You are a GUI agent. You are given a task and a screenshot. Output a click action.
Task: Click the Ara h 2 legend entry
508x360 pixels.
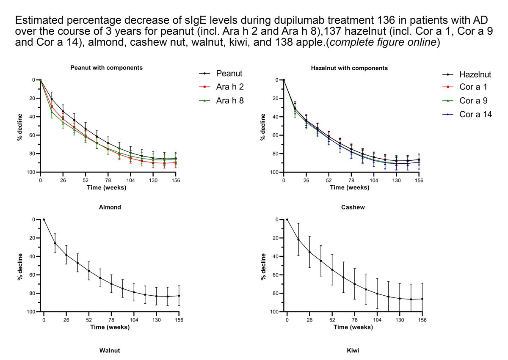point(221,87)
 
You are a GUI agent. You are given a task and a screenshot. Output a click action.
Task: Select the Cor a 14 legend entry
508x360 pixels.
point(467,114)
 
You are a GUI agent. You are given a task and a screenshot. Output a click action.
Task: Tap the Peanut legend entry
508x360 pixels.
point(221,74)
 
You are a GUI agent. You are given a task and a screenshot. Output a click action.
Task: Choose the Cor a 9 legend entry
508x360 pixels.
point(465,101)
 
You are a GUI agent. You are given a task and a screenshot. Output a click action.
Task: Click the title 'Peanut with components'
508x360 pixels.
point(106,68)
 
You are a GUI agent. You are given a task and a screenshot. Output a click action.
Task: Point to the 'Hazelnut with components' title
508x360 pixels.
point(349,68)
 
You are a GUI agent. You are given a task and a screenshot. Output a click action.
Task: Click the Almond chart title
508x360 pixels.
point(110,207)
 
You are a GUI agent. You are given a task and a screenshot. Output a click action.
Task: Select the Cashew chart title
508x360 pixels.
point(353,207)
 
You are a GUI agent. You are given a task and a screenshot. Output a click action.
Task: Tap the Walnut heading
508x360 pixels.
point(110,351)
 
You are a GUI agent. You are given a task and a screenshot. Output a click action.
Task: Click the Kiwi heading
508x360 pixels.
point(353,351)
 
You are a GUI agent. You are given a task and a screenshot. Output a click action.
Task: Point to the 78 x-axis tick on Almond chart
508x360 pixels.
point(111,320)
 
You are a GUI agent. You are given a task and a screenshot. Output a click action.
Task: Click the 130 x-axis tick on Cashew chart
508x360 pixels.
point(400,320)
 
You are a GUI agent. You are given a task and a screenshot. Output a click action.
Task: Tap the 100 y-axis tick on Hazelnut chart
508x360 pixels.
point(274,172)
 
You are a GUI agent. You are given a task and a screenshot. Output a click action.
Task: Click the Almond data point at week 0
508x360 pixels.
point(44,220)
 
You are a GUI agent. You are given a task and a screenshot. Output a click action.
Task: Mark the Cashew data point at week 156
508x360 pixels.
point(422,299)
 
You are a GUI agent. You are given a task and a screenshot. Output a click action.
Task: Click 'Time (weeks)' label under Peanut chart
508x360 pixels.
point(107,187)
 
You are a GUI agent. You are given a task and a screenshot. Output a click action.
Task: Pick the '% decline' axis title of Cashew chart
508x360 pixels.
point(263,267)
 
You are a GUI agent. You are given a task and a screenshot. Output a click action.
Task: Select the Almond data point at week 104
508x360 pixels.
point(134,292)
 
